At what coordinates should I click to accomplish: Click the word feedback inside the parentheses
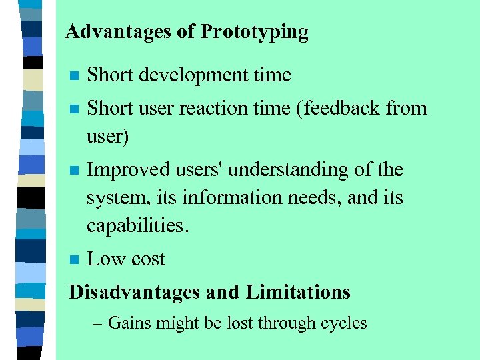(x=345, y=108)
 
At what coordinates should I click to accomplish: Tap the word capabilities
(x=137, y=226)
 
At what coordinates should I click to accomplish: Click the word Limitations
(x=298, y=292)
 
